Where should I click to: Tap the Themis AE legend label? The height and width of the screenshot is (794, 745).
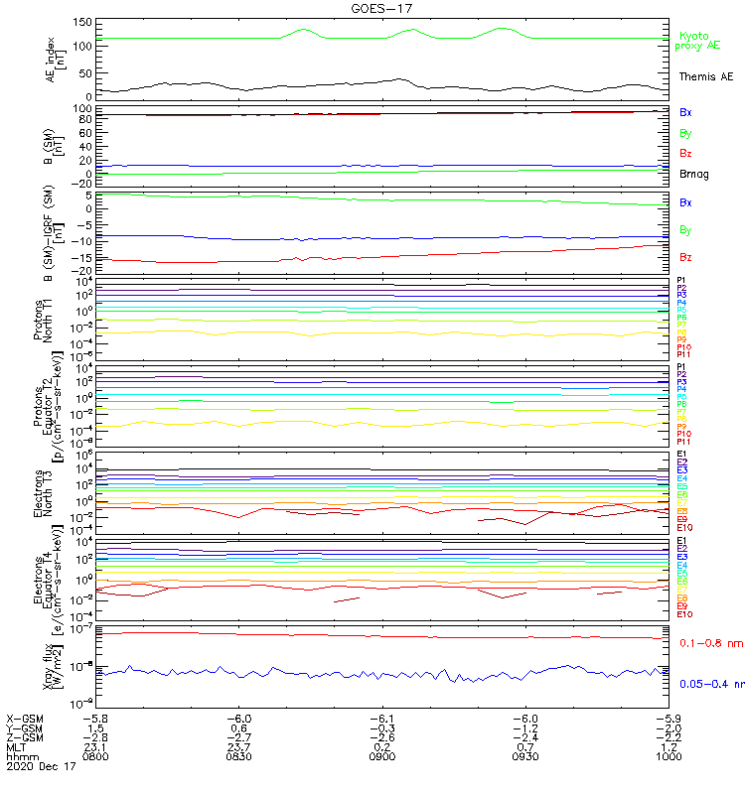[x=704, y=76]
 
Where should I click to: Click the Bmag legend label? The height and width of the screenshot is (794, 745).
[x=694, y=175]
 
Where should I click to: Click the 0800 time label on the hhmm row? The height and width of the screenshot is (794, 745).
[x=95, y=756]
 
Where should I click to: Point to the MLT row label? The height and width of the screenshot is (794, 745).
[x=16, y=746]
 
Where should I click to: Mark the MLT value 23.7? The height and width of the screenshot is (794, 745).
[x=239, y=746]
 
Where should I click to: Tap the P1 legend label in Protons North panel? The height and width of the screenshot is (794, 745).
[x=682, y=281]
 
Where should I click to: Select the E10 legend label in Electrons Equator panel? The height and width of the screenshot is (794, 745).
[x=684, y=614]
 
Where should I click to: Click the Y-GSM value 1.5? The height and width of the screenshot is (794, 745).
[x=95, y=728]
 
